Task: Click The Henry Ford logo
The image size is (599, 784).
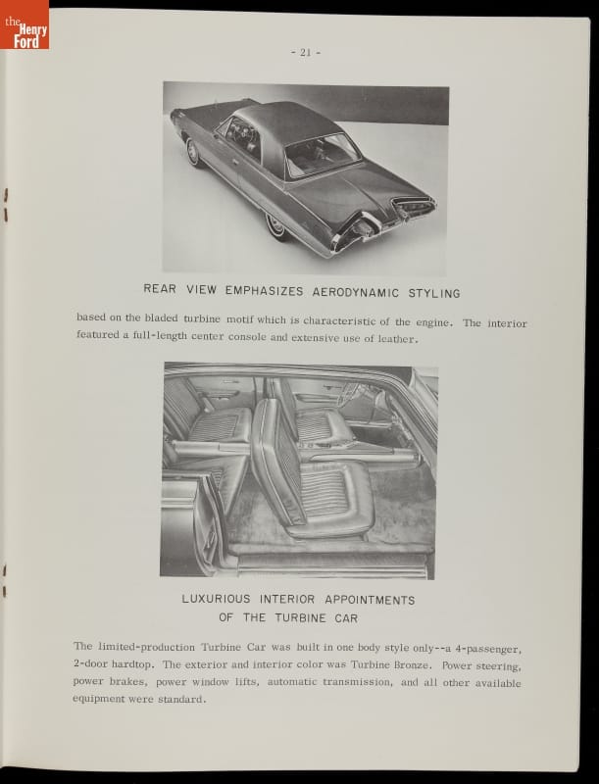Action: click(x=25, y=24)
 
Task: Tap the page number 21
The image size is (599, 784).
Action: click(x=305, y=53)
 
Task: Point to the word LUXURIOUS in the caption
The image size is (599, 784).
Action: click(x=216, y=600)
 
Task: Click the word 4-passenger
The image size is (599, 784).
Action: click(x=480, y=647)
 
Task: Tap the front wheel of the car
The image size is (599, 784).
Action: click(x=192, y=151)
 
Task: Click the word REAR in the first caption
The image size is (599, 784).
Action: click(x=161, y=292)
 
